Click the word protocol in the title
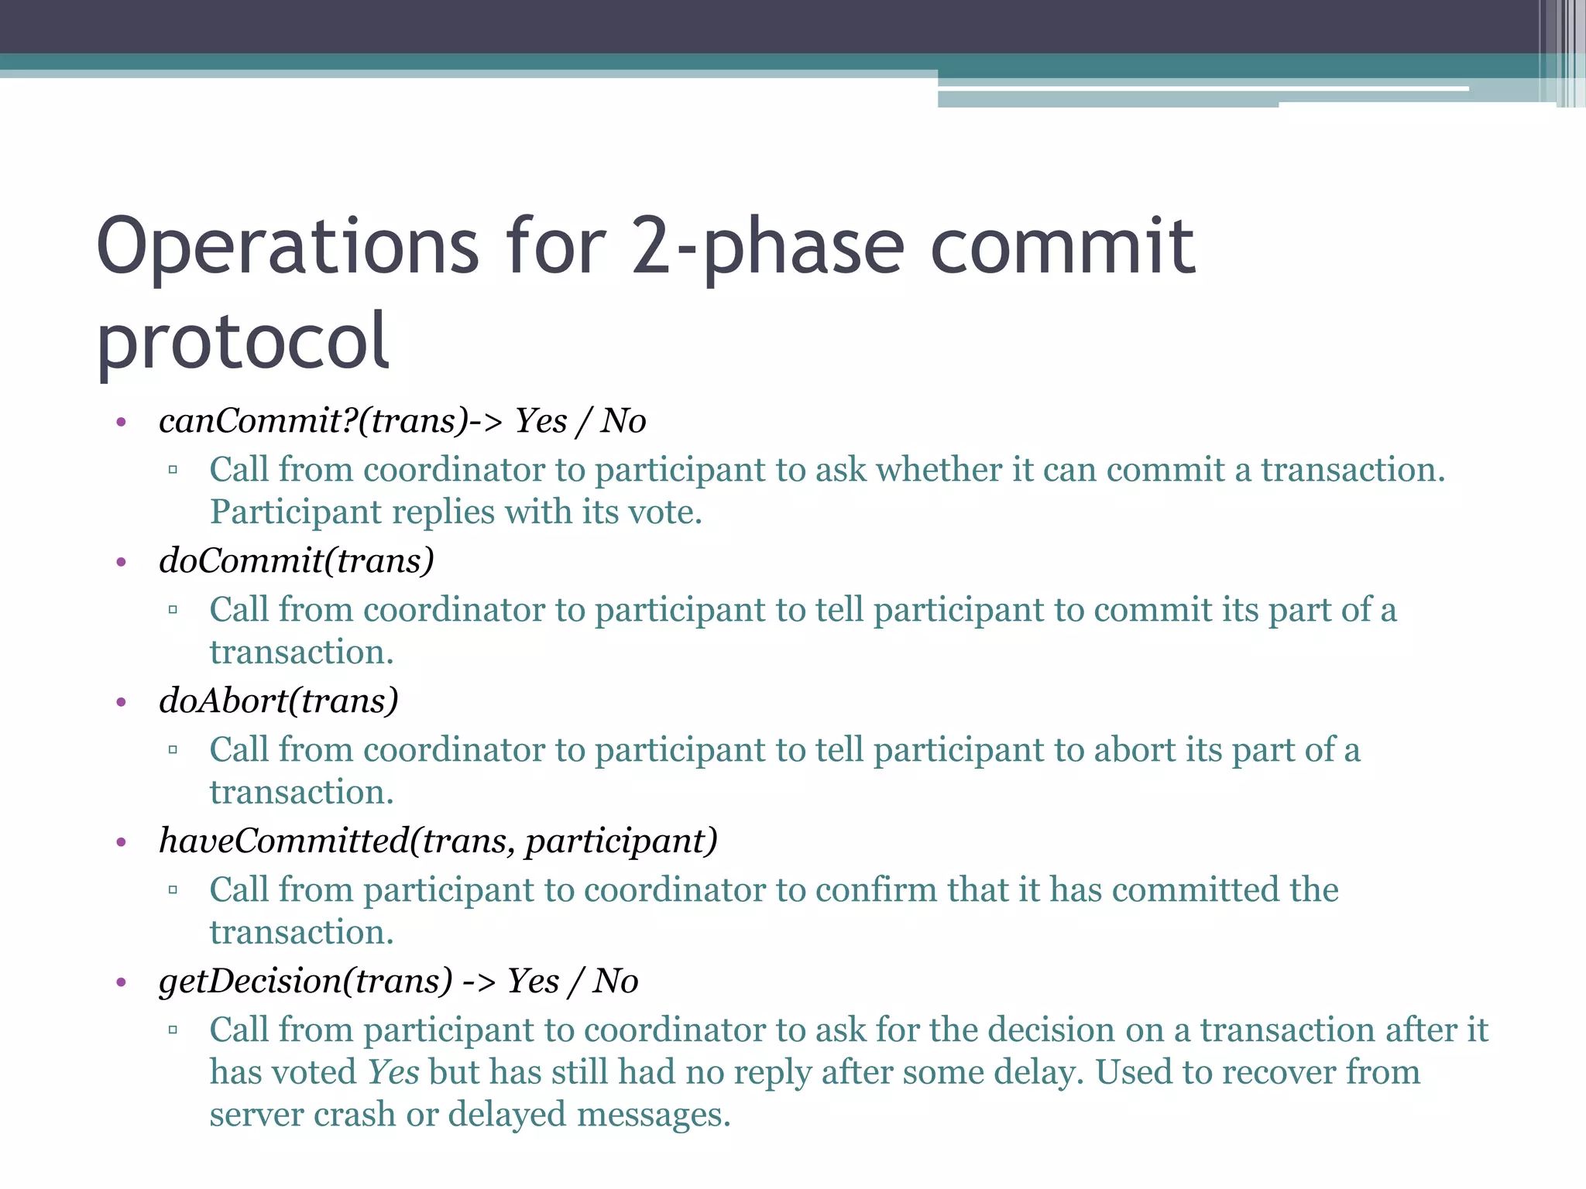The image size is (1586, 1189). (242, 341)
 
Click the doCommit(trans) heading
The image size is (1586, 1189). (296, 561)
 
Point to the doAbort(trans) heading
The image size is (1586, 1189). (278, 701)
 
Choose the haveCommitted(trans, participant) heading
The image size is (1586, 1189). (438, 841)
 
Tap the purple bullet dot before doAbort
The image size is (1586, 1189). (121, 703)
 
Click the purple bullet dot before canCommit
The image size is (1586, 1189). (121, 423)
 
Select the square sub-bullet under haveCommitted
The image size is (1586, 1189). (173, 890)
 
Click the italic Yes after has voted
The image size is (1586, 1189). (393, 1073)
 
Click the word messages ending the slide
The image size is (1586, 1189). (653, 1115)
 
